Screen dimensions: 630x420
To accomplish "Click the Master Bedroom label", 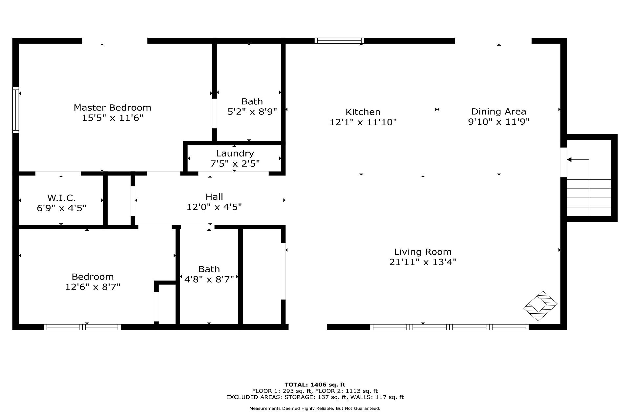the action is tap(112, 108).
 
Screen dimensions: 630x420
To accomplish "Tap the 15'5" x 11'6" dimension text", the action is tap(113, 118).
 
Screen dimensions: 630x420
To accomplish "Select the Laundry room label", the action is tap(235, 154).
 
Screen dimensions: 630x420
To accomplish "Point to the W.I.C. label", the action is tap(61, 198).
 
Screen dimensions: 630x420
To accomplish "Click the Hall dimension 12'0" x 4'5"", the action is tap(214, 207).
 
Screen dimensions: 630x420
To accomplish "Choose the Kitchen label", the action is tap(363, 112).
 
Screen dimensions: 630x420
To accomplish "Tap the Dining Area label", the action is tap(499, 112).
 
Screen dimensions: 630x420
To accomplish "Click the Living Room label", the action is tap(423, 252).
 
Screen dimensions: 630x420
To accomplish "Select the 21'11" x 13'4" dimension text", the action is tap(423, 262).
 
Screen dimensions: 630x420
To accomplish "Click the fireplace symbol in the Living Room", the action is tap(540, 306).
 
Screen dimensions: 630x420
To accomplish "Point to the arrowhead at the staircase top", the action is tap(569, 160).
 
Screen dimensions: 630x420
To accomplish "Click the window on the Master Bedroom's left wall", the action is tap(16, 110).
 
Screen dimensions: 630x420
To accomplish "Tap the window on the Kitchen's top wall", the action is tap(339, 41).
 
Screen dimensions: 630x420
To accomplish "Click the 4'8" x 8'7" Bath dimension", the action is tap(209, 279).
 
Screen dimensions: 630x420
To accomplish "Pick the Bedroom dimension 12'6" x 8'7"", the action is tap(93, 287).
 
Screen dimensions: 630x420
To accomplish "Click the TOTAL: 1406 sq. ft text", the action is tap(315, 385).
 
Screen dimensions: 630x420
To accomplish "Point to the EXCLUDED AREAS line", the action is tap(315, 397).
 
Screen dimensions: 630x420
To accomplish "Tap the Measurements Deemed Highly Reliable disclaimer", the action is tap(315, 409).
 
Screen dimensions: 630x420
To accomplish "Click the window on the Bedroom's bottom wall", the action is tap(82, 327).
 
